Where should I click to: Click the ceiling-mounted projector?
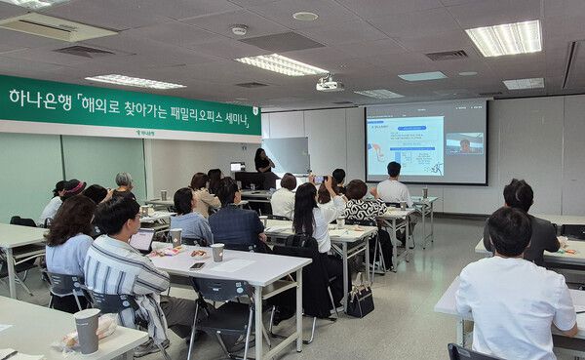click(x=329, y=84)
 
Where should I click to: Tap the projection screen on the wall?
click(x=425, y=142)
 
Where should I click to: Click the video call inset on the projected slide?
click(x=464, y=144)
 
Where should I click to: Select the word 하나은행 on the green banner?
click(x=38, y=99)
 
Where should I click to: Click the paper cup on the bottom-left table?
click(x=87, y=331)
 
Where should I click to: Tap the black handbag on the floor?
click(x=361, y=300)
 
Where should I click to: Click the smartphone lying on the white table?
click(x=198, y=264)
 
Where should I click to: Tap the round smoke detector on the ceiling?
click(x=239, y=30)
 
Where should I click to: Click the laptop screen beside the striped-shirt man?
click(x=142, y=240)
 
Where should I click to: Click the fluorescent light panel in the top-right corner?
click(x=504, y=38)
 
